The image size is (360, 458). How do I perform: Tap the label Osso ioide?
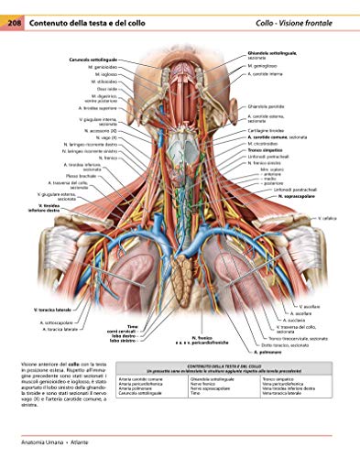pyautogui.click(x=104, y=89)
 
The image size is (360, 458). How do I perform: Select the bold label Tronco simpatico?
pyautogui.click(x=265, y=149)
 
